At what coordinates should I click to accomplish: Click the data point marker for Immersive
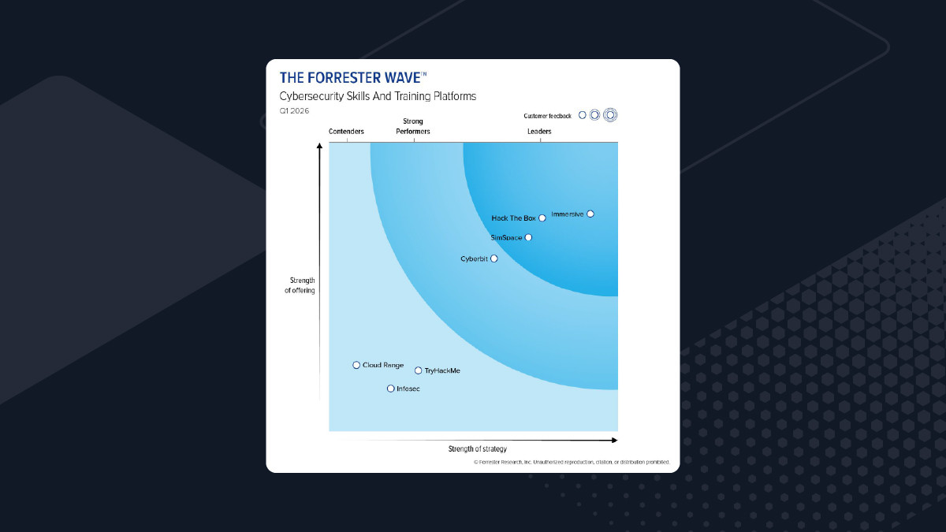point(590,214)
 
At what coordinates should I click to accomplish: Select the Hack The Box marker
point(542,218)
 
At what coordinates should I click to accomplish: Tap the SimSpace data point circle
point(528,237)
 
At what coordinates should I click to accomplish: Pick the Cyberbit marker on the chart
point(494,259)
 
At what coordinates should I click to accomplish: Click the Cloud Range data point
point(356,365)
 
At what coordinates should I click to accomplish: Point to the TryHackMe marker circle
point(419,370)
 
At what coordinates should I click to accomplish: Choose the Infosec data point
point(390,389)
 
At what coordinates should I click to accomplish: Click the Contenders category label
point(346,132)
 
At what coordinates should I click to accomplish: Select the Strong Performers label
point(413,126)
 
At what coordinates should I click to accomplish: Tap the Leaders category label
point(539,132)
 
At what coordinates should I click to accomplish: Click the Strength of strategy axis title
point(478,449)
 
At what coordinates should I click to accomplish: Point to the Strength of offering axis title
point(302,285)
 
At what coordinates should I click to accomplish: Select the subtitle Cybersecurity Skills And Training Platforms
point(378,96)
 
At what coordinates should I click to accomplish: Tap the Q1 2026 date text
point(295,111)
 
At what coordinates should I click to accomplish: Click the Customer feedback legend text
point(547,116)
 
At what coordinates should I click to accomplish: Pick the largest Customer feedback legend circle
point(609,114)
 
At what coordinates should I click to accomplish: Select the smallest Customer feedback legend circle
point(583,114)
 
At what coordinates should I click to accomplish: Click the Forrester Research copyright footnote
point(572,463)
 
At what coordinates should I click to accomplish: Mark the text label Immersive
point(568,214)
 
